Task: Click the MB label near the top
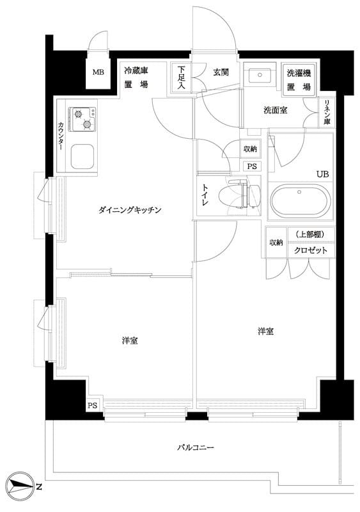pos(98,72)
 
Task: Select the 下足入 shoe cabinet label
pos(182,77)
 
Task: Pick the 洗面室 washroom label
pos(275,110)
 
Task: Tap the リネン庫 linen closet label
pos(327,112)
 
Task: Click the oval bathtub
pos(300,202)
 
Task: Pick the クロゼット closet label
pos(311,250)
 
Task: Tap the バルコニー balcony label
pos(195,447)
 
